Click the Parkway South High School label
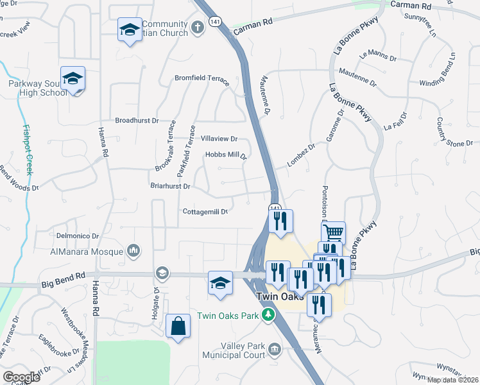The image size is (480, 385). click(38, 88)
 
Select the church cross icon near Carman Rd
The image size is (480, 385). click(198, 28)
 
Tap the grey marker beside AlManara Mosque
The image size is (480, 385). click(134, 250)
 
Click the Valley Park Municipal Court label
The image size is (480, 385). click(234, 350)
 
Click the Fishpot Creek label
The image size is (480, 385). click(27, 150)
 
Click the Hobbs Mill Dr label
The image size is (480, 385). click(226, 155)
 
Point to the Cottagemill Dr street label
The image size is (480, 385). click(205, 211)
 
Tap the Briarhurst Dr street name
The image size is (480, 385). click(169, 187)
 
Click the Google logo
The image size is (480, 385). click(21, 377)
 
